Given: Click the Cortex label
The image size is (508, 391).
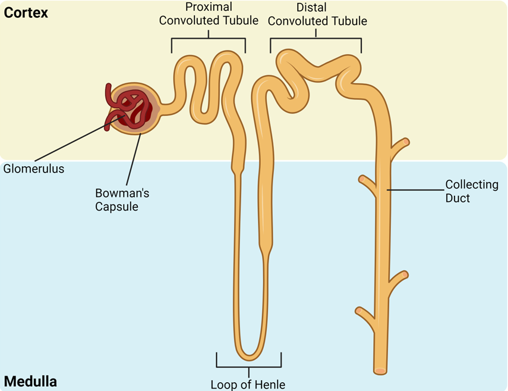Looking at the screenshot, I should (x=26, y=12).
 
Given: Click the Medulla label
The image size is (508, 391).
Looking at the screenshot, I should (x=31, y=380).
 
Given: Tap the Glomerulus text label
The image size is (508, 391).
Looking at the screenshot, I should (x=33, y=168).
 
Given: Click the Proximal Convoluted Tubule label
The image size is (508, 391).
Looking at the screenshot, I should (x=209, y=14).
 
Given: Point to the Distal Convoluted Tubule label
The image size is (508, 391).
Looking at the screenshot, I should (x=315, y=14).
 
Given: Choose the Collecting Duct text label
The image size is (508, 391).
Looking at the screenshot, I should (x=471, y=190).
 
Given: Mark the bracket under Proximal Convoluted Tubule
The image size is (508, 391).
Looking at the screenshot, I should (x=209, y=39).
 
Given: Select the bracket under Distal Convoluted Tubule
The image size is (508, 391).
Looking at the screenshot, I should (x=315, y=39).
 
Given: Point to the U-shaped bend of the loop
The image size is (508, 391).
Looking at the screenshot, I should (x=248, y=354).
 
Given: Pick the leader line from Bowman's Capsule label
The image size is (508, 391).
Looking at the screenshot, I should (x=134, y=158).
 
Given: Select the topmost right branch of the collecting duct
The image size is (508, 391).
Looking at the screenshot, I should (x=399, y=144).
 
